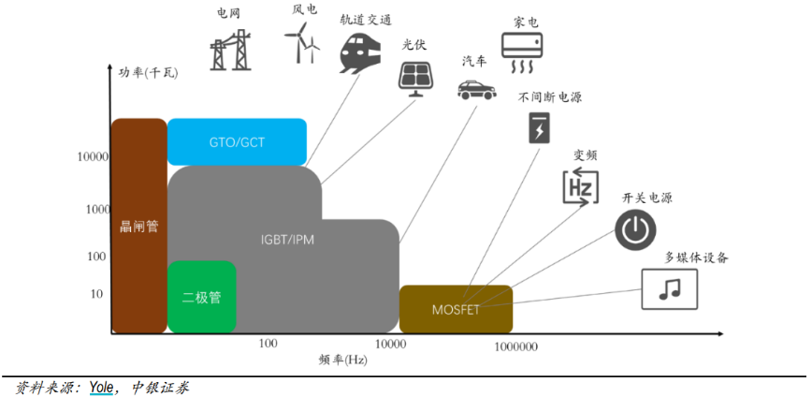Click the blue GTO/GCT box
(x=237, y=141)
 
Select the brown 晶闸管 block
(x=139, y=226)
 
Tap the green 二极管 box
(x=201, y=297)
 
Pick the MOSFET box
(x=456, y=309)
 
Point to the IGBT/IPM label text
(x=287, y=241)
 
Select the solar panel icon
(x=415, y=79)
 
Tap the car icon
(x=477, y=89)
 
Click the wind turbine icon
(x=302, y=45)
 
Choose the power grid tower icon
(x=230, y=50)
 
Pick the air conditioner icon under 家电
(x=521, y=52)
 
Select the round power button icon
(x=635, y=229)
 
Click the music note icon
(x=670, y=289)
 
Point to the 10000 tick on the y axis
(x=93, y=157)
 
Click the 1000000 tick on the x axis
(x=515, y=347)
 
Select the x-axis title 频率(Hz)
(x=342, y=360)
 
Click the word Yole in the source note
(x=101, y=387)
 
